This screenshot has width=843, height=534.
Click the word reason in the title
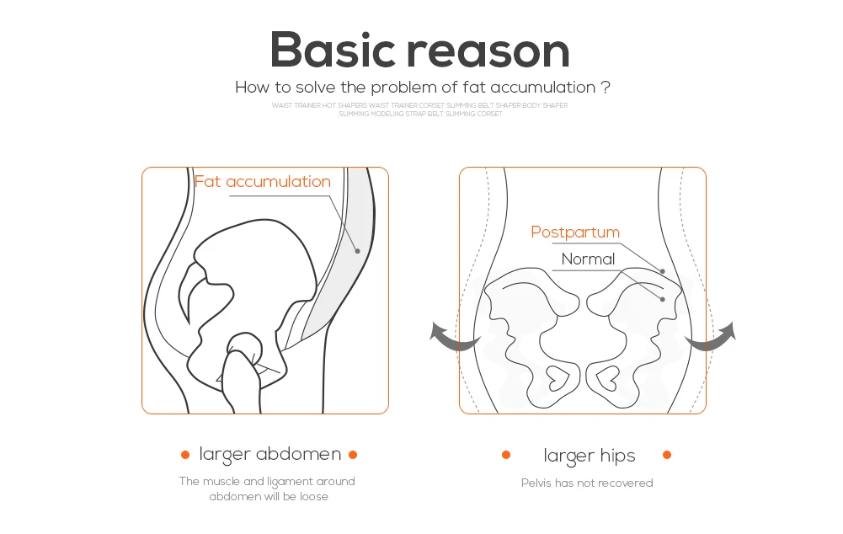(488, 52)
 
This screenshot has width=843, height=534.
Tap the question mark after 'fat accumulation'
(606, 88)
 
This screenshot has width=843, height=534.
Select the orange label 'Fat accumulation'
(263, 181)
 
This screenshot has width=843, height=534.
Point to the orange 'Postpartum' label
(575, 232)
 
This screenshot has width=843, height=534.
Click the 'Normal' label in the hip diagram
(588, 259)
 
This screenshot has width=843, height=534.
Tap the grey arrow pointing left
(452, 335)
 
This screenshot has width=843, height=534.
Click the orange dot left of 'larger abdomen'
(185, 455)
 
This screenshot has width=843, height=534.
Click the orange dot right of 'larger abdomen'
(353, 455)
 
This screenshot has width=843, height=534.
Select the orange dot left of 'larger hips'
(506, 455)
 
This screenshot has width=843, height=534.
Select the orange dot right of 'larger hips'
(667, 455)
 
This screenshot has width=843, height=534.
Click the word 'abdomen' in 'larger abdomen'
(298, 455)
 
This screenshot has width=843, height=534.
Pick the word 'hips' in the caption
(618, 456)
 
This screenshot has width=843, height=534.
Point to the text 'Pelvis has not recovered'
(587, 483)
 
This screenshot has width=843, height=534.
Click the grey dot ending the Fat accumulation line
(357, 250)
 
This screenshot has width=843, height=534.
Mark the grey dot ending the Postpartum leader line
(663, 271)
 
